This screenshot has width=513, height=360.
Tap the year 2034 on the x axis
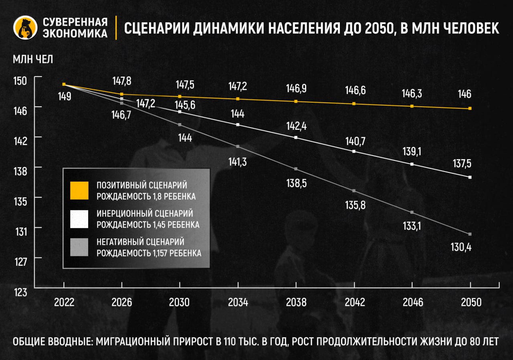pos(238,302)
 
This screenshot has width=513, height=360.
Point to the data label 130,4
pos(461,247)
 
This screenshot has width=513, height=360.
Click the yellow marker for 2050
pos(470,108)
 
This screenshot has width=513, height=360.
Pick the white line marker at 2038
pos(296,138)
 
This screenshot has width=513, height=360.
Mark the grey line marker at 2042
pos(354,190)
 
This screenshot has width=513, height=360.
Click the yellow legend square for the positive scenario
pos(79,190)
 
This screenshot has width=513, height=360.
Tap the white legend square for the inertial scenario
pos(79,219)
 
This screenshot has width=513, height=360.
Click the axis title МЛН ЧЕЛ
pos(33,59)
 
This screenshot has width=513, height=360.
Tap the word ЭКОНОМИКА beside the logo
pos(75,33)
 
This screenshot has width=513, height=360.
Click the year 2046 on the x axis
pos(412,302)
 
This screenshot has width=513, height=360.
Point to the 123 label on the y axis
pos(20,292)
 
